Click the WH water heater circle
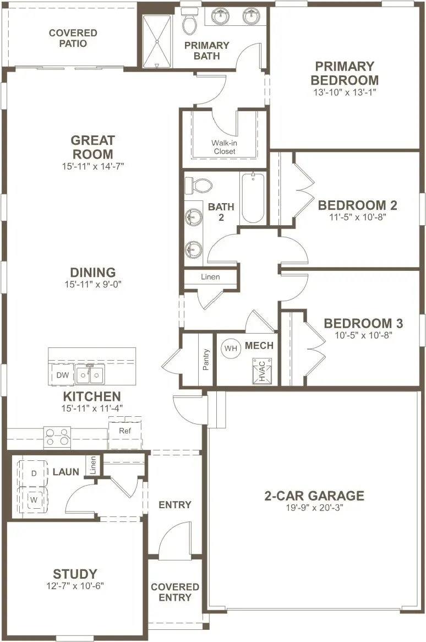click(x=231, y=349)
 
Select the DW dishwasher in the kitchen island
click(x=63, y=374)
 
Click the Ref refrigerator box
click(x=125, y=432)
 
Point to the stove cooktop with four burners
click(x=57, y=437)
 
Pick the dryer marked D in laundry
click(x=34, y=473)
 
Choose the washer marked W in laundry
click(x=34, y=499)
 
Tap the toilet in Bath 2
click(x=198, y=186)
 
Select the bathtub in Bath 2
click(x=253, y=198)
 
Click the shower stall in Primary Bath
click(x=157, y=41)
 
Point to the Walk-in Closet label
click(x=224, y=147)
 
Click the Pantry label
click(x=206, y=360)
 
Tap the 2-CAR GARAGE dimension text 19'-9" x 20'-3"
click(x=314, y=508)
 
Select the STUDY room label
click(x=75, y=574)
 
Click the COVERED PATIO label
click(x=73, y=38)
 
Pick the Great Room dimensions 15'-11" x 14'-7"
click(x=93, y=166)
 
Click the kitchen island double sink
click(x=90, y=374)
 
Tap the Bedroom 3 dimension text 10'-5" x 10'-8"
click(x=363, y=335)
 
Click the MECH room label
click(x=259, y=346)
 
